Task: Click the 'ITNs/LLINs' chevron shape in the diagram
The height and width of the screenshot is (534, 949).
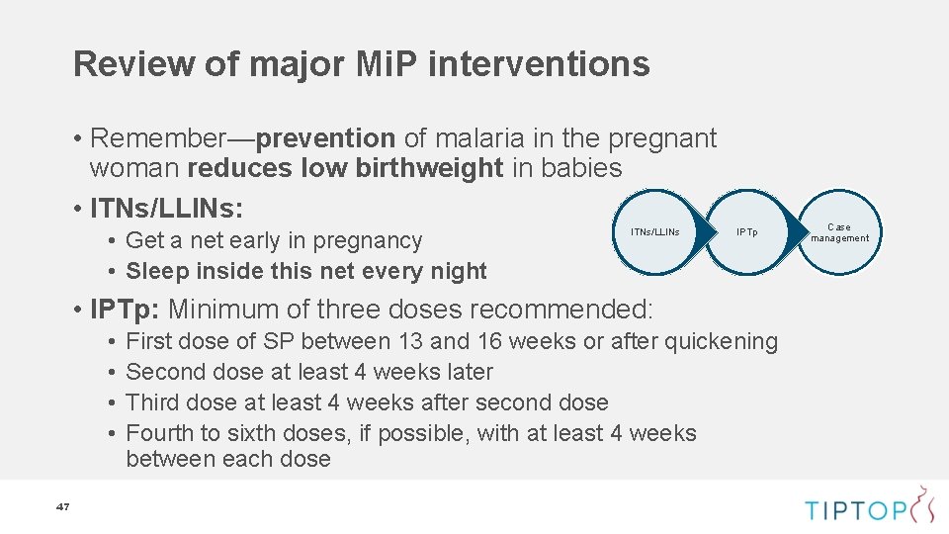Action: click(655, 232)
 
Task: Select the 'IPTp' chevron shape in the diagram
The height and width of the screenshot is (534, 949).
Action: click(746, 232)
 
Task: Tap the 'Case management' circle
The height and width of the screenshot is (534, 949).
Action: click(839, 232)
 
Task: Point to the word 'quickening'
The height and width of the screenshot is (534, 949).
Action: click(722, 342)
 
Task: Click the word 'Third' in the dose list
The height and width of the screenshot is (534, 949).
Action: click(153, 403)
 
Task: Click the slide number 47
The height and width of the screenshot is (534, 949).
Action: click(63, 507)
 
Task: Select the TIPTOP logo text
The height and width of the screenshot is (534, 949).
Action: click(855, 510)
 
